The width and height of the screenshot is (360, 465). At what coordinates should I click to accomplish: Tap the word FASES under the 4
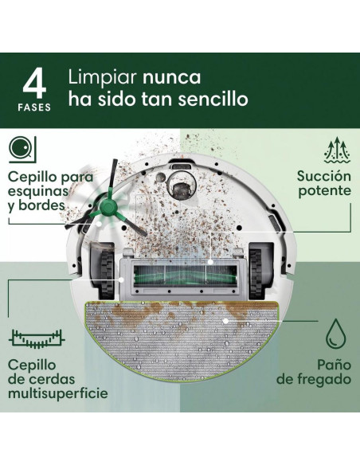[34, 107]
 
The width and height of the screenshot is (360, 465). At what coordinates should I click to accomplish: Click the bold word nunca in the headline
[172, 77]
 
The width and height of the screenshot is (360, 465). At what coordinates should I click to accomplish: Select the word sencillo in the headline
[213, 99]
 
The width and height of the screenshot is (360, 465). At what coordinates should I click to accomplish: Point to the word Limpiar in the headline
[102, 78]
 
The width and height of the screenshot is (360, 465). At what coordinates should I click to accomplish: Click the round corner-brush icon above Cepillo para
[22, 149]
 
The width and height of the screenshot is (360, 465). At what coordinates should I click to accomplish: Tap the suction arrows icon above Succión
[337, 150]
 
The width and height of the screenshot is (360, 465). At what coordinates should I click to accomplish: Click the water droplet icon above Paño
[336, 333]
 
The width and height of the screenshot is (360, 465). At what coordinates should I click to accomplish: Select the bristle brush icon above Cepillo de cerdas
[37, 338]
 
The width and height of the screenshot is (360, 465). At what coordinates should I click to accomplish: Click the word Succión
[324, 176]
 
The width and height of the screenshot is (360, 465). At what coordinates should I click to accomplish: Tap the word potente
[324, 191]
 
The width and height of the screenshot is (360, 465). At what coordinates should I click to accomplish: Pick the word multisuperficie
[58, 393]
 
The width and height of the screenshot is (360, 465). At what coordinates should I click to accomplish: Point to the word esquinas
[38, 191]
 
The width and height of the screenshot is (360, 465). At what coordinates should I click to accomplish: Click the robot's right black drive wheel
[256, 274]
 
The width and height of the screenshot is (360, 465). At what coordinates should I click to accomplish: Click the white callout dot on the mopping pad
[225, 321]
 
